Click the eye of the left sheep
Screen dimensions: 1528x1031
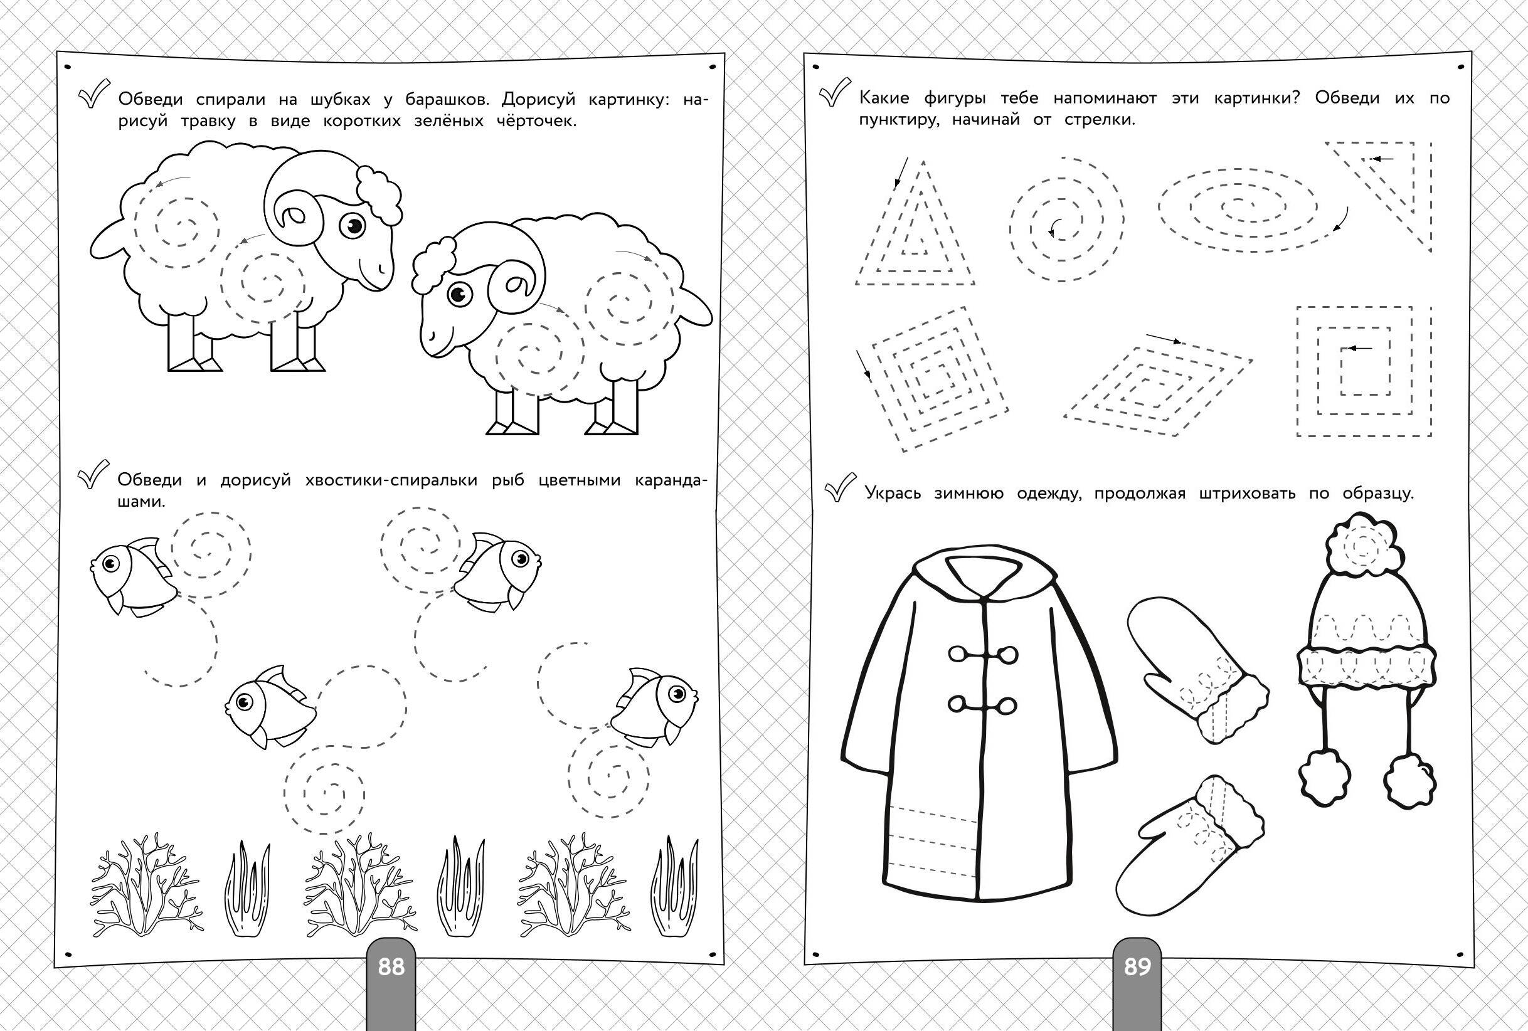(354, 226)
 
